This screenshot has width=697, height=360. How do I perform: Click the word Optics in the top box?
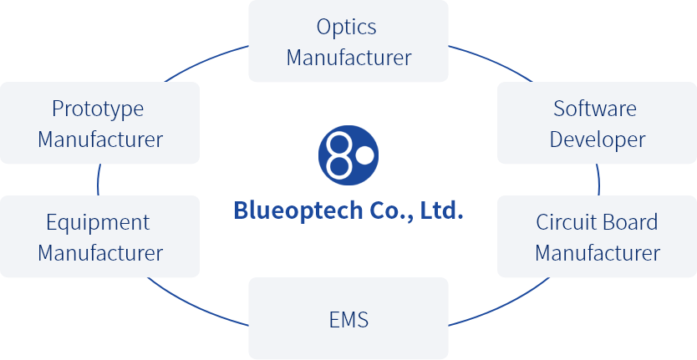(x=347, y=28)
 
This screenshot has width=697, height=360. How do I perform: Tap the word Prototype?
(x=98, y=109)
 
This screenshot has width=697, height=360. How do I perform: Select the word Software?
(x=595, y=109)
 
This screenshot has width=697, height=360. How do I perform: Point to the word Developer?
(x=598, y=139)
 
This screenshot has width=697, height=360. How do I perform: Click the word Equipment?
(x=98, y=222)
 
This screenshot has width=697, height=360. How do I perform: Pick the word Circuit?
(x=562, y=222)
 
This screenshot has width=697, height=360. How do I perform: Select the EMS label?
(x=348, y=319)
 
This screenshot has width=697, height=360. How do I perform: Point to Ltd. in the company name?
(x=440, y=210)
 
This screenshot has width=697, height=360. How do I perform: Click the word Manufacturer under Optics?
(x=348, y=58)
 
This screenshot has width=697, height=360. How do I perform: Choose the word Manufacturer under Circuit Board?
(x=598, y=252)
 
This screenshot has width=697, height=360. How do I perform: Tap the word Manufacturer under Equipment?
(x=100, y=252)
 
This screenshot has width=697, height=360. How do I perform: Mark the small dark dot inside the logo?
(x=364, y=155)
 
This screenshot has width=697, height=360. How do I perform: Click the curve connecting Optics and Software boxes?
(x=493, y=60)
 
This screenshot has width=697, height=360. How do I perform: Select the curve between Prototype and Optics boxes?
(x=205, y=60)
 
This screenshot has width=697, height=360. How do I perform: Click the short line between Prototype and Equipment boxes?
(x=99, y=180)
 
